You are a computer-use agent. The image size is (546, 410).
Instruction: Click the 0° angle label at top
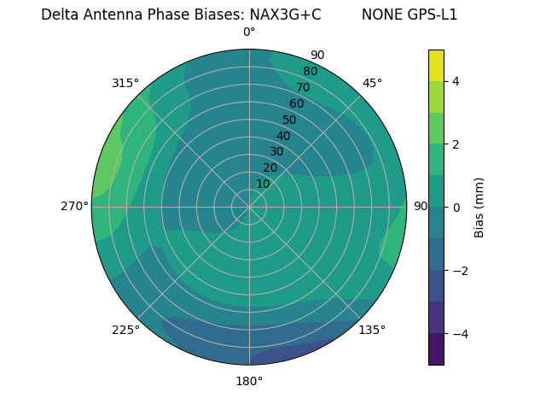coord(249,32)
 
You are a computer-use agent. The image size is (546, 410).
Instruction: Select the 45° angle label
coord(372,83)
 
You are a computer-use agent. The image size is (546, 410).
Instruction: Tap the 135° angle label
coord(372,330)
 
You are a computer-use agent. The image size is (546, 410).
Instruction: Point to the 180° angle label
coord(249,381)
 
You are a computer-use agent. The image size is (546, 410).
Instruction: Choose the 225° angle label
coord(125,330)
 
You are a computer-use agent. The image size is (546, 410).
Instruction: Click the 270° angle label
coord(75,206)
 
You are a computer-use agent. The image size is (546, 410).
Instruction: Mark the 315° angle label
coord(125,83)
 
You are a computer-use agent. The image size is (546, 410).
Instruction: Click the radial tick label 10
coord(263,184)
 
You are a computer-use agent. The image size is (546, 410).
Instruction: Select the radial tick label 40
coord(283,136)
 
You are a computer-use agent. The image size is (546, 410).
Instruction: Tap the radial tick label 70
coord(303,87)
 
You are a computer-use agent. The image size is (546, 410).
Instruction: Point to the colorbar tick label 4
coord(456,81)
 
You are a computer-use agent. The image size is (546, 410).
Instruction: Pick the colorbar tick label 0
coord(456,208)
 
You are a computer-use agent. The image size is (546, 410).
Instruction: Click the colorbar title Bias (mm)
coord(479,208)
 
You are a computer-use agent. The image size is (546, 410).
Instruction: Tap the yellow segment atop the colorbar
coord(436,65)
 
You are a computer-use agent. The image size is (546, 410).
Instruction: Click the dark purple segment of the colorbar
coord(436,349)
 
